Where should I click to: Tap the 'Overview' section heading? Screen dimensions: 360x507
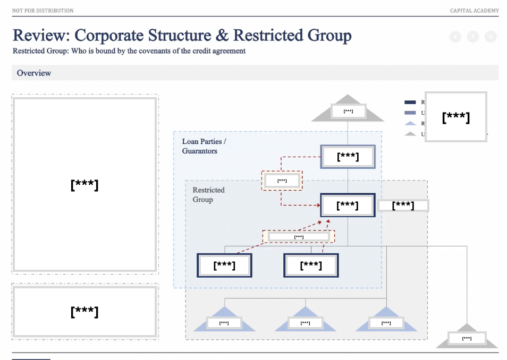point(34,73)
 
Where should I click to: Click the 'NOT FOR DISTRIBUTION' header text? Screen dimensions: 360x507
point(43,11)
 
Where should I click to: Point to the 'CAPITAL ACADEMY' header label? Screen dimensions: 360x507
point(474,11)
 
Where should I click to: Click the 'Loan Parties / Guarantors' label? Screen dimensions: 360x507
point(204,146)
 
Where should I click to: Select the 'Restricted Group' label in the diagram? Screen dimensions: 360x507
point(208,195)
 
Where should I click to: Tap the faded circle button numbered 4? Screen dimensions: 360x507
point(455,37)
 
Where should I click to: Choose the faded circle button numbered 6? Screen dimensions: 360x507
point(491,37)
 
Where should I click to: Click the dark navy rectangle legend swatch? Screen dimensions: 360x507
point(410,102)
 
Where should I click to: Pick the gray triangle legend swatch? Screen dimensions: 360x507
point(410,134)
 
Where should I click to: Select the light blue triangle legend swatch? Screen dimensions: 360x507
point(410,123)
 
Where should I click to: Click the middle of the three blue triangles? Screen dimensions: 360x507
point(305,321)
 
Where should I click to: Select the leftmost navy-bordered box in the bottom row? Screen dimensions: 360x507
point(224,265)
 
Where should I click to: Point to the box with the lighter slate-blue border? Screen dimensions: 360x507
point(348,157)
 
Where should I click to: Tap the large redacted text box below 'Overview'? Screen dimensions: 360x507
point(84,184)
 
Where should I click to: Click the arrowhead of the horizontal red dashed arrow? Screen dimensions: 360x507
point(318,205)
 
